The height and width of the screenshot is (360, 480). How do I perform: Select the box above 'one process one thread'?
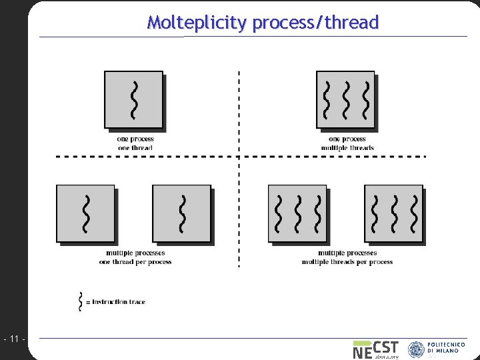(133, 99)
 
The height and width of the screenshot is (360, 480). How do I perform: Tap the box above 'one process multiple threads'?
(345, 99)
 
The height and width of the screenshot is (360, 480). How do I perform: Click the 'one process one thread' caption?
(135, 143)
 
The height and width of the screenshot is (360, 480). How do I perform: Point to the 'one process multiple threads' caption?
(347, 143)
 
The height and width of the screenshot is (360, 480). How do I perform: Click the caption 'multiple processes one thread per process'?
(135, 257)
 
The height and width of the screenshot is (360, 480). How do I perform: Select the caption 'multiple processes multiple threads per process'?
(347, 257)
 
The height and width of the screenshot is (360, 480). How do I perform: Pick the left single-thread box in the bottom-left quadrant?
(85, 213)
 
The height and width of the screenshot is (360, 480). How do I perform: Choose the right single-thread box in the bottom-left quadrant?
(181, 213)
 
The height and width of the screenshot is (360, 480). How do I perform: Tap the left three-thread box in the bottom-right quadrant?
(297, 213)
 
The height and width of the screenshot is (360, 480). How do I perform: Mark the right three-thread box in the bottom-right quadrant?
(393, 213)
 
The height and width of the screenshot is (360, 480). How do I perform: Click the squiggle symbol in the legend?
(81, 301)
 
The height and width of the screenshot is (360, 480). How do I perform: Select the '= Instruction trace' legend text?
(116, 302)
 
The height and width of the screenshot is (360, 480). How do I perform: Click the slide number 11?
(14, 340)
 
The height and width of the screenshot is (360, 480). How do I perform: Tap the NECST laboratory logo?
(375, 349)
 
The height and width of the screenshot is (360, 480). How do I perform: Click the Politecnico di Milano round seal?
(416, 349)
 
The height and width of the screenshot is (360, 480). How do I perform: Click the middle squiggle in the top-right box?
(345, 97)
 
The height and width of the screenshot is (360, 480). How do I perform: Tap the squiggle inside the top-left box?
(134, 99)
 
